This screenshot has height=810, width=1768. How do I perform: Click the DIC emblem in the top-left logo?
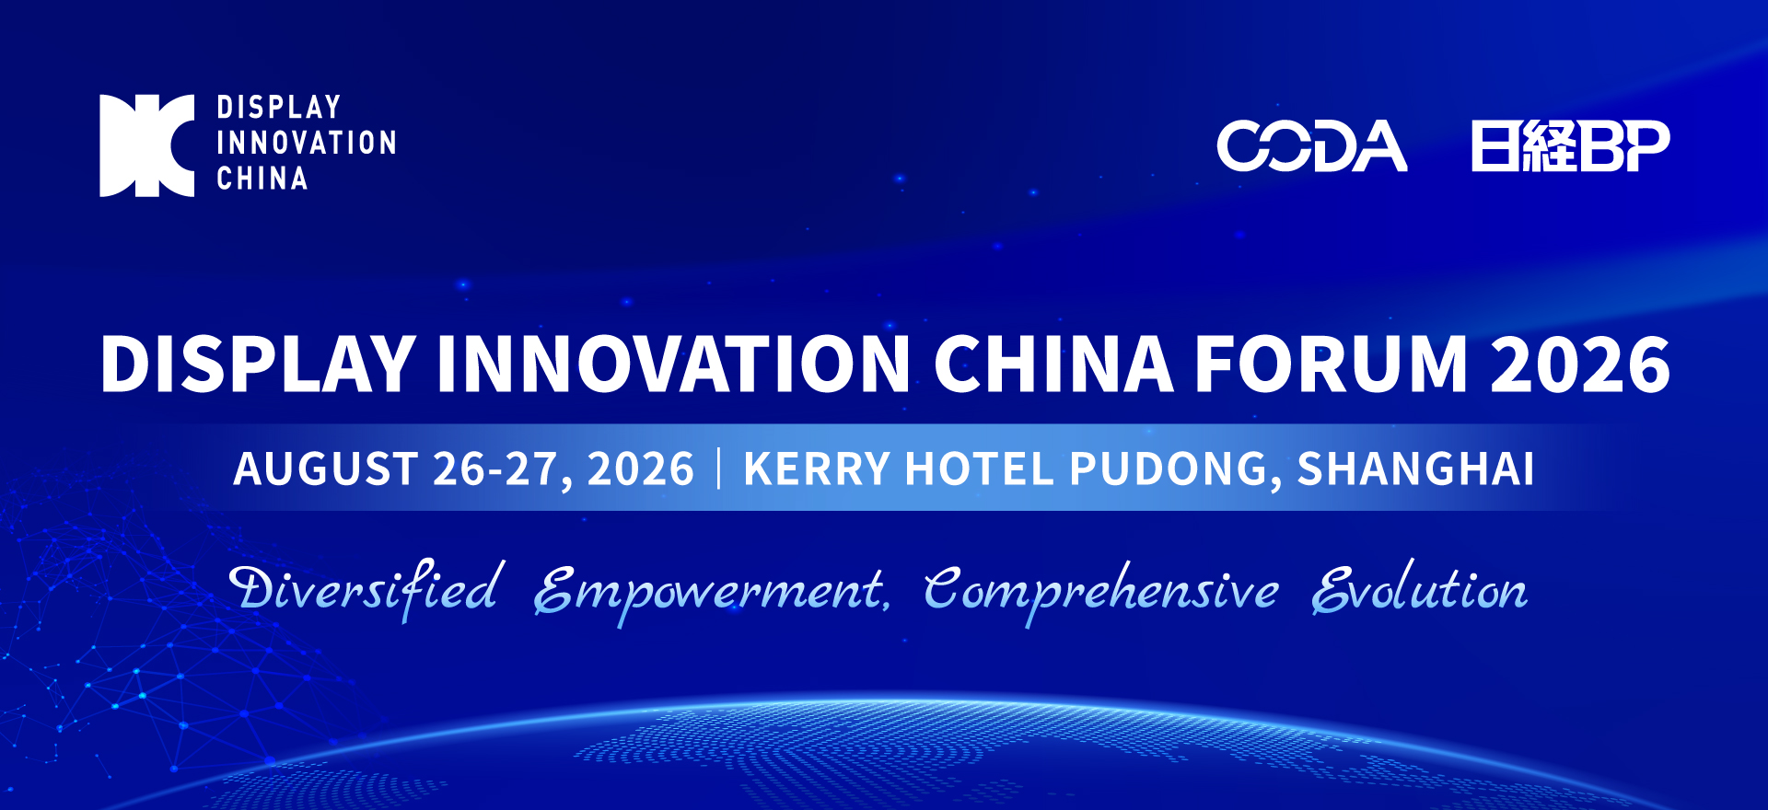(x=147, y=145)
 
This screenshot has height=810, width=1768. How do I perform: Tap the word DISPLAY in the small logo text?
(x=279, y=108)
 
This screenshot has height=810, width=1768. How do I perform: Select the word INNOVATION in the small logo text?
(x=307, y=143)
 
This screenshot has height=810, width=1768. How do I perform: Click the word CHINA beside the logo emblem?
(x=262, y=178)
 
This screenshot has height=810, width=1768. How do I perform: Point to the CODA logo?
(x=1312, y=145)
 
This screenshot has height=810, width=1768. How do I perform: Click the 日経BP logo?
(x=1571, y=145)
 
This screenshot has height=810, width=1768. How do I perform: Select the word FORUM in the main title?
(x=1331, y=364)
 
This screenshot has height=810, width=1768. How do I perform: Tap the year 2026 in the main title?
(x=1580, y=364)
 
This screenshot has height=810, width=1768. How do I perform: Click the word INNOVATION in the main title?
(x=673, y=364)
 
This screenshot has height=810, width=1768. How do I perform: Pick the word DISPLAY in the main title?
(x=258, y=364)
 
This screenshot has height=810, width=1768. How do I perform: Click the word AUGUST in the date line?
(x=326, y=469)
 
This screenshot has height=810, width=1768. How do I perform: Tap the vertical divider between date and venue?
(x=719, y=468)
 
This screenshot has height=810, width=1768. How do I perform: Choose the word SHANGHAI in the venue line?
(x=1416, y=469)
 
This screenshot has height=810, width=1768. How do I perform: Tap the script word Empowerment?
(x=711, y=594)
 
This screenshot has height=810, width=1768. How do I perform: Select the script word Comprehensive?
(x=1101, y=594)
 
